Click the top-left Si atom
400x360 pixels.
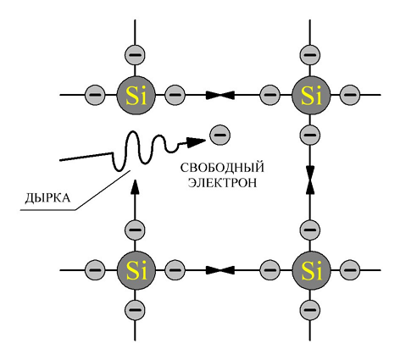point(136,95)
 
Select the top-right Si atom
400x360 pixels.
point(311,95)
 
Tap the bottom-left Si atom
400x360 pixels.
point(136,270)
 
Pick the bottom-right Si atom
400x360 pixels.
point(311,270)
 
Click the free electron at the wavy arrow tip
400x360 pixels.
point(219,135)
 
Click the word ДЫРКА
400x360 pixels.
point(47,198)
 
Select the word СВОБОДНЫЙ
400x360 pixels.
point(222,168)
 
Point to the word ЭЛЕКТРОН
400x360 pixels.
point(222,183)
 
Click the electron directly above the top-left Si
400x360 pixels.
point(135,54)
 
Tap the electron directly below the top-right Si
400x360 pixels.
point(310,135)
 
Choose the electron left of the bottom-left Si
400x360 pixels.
point(95,270)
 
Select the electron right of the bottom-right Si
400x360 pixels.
point(350,270)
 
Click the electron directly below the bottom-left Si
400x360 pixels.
point(135,310)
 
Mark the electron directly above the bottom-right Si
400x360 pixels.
point(310,230)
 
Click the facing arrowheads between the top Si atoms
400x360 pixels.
point(220,95)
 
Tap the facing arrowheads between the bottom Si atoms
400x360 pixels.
point(220,270)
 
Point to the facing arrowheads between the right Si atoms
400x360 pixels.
point(310,180)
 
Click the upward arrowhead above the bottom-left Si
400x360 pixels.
point(135,187)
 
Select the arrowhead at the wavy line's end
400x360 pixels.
point(196,141)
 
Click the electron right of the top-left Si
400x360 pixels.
point(175,95)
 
